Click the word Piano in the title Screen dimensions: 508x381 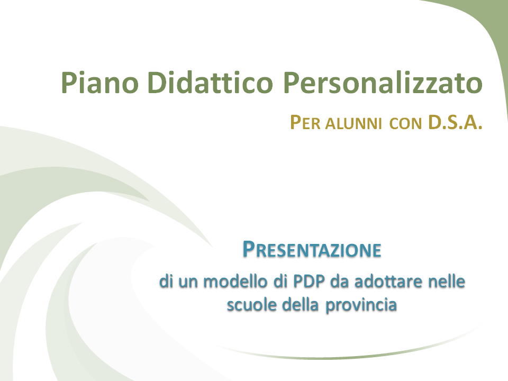(100, 83)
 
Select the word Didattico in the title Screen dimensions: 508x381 (210, 83)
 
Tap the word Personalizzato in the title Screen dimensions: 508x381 (383, 83)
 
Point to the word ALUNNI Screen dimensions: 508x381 (353, 124)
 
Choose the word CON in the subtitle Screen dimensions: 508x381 (406, 124)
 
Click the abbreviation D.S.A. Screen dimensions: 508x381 (455, 122)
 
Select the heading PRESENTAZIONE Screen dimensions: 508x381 (312, 250)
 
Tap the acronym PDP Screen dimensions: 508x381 (309, 281)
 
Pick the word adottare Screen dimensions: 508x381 (389, 281)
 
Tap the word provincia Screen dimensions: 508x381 (361, 305)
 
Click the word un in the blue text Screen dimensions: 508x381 (188, 282)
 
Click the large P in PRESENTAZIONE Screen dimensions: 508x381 (248, 249)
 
